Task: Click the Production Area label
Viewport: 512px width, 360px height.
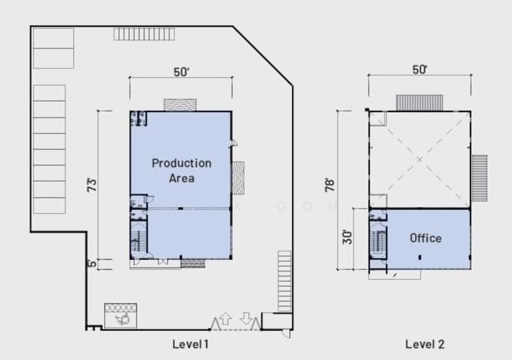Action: click(181, 170)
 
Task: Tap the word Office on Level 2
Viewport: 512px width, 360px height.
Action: click(426, 238)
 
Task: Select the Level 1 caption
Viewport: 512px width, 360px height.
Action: click(190, 344)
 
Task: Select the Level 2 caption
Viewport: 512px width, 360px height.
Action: click(424, 344)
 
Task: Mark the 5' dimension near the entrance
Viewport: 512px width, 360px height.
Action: click(92, 263)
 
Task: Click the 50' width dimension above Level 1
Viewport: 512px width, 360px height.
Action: click(181, 72)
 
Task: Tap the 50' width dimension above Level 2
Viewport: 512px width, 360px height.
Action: click(420, 70)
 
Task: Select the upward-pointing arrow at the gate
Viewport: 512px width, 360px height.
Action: click(225, 318)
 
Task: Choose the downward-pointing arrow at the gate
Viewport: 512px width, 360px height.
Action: click(246, 318)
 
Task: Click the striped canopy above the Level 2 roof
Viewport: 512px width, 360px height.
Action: click(419, 102)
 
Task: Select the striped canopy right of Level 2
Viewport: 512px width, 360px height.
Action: click(479, 172)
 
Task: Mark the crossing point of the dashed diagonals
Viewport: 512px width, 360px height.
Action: click(419, 159)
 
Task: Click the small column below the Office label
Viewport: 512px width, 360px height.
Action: click(420, 257)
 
